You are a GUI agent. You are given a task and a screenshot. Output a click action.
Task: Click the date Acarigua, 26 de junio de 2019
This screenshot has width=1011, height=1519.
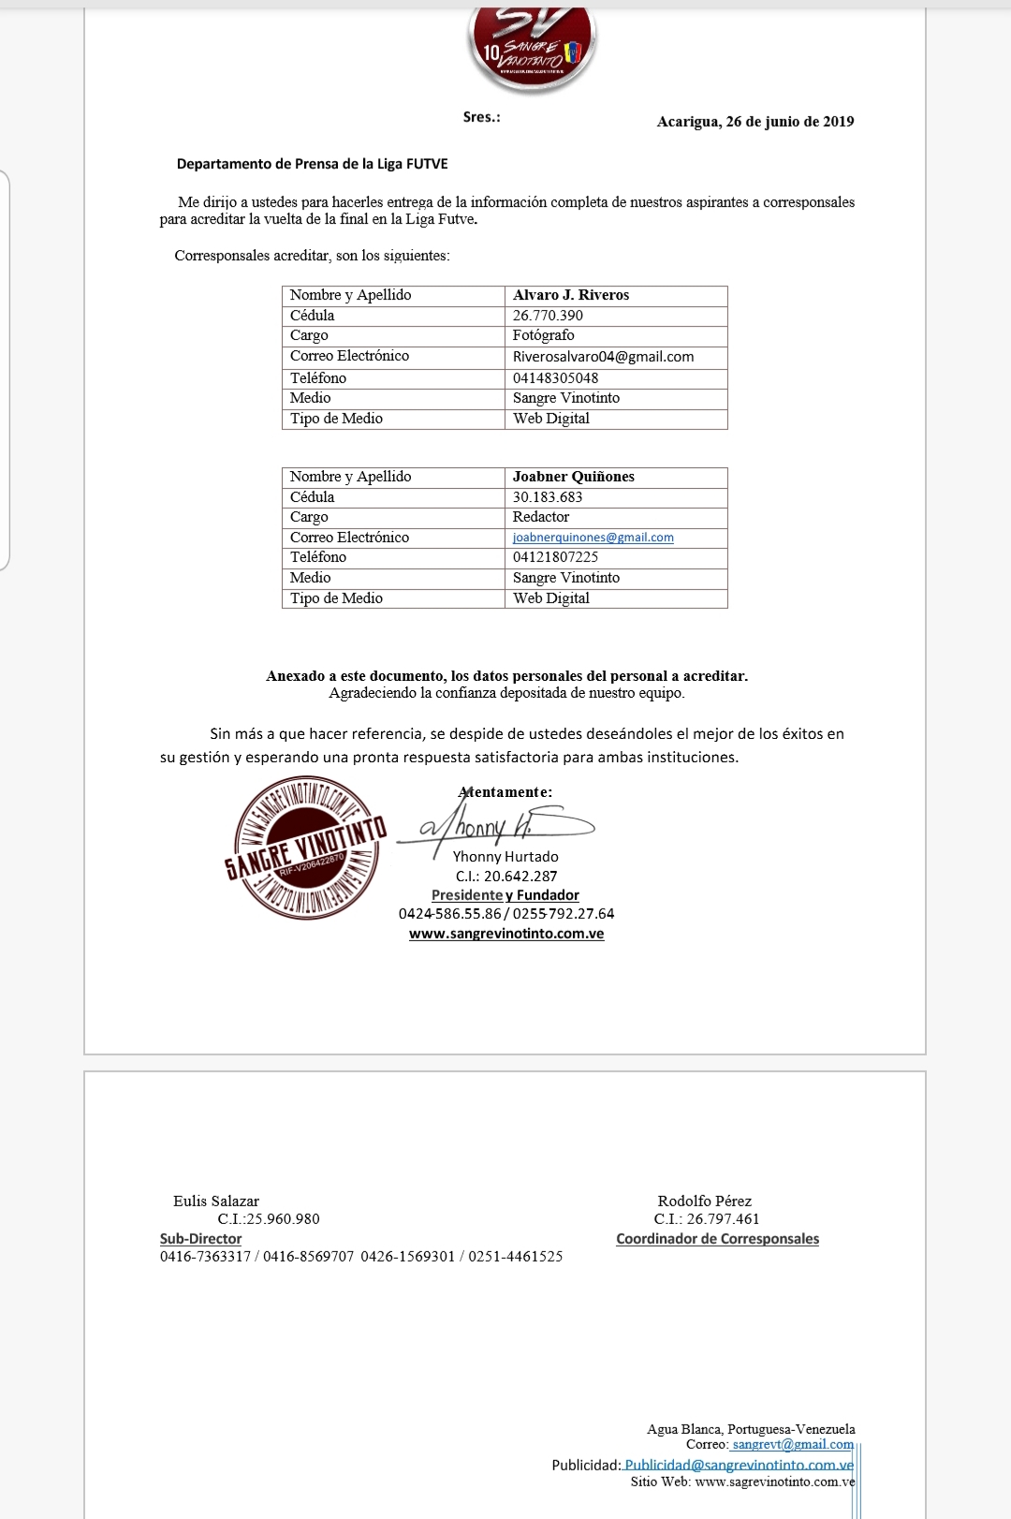(x=755, y=122)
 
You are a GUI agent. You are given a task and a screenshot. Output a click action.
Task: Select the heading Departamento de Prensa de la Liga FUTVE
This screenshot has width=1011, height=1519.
(x=312, y=164)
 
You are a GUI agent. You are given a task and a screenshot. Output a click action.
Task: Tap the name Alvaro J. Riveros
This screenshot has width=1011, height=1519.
(x=571, y=295)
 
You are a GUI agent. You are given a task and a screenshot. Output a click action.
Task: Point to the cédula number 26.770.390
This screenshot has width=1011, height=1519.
(x=548, y=316)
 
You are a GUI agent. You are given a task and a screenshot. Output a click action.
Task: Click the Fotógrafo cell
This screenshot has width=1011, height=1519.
(x=544, y=335)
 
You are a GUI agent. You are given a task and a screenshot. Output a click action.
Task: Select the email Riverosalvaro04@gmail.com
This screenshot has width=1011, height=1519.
(x=603, y=356)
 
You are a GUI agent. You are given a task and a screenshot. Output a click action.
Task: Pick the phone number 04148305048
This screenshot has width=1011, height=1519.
(x=555, y=377)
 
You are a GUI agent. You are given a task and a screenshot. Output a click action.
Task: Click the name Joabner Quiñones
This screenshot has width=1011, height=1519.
(x=573, y=477)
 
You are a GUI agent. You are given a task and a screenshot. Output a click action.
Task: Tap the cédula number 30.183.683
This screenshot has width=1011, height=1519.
(x=548, y=497)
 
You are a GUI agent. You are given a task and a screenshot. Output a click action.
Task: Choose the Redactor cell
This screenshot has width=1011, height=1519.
(x=541, y=517)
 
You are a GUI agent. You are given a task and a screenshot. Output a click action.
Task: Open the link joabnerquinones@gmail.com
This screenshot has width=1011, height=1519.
(x=593, y=538)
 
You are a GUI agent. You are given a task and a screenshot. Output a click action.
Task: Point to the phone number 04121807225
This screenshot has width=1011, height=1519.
(x=555, y=557)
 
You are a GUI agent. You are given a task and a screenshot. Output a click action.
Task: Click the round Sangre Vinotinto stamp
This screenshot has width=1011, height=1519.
(x=305, y=848)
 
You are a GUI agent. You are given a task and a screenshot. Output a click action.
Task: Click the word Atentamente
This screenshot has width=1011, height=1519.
(x=505, y=792)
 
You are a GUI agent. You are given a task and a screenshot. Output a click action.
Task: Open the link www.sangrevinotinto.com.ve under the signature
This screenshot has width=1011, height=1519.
(x=506, y=934)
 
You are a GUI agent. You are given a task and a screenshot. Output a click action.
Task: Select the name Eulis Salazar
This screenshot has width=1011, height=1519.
(x=216, y=1202)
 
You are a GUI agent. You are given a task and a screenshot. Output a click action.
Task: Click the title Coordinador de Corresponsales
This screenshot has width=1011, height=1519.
(x=717, y=1239)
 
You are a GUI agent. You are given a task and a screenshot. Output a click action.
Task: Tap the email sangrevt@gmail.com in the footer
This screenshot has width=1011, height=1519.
(x=793, y=1445)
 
